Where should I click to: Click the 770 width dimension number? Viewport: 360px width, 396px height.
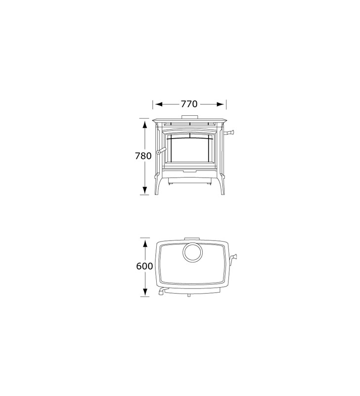click(189, 104)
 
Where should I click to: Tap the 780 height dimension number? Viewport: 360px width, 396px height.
click(143, 156)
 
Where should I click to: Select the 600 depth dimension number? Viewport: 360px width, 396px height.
click(144, 266)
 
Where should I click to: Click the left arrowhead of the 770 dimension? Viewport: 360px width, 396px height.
click(159, 104)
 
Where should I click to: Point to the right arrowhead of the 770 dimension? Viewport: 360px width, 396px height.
click(220, 104)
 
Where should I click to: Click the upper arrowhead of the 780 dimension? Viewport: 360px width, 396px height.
click(144, 125)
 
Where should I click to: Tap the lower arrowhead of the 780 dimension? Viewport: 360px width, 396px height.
click(144, 190)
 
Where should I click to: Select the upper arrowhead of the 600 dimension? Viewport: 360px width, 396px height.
click(145, 244)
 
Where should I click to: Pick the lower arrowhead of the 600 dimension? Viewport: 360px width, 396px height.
click(145, 292)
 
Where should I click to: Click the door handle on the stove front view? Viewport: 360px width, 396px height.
click(161, 151)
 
